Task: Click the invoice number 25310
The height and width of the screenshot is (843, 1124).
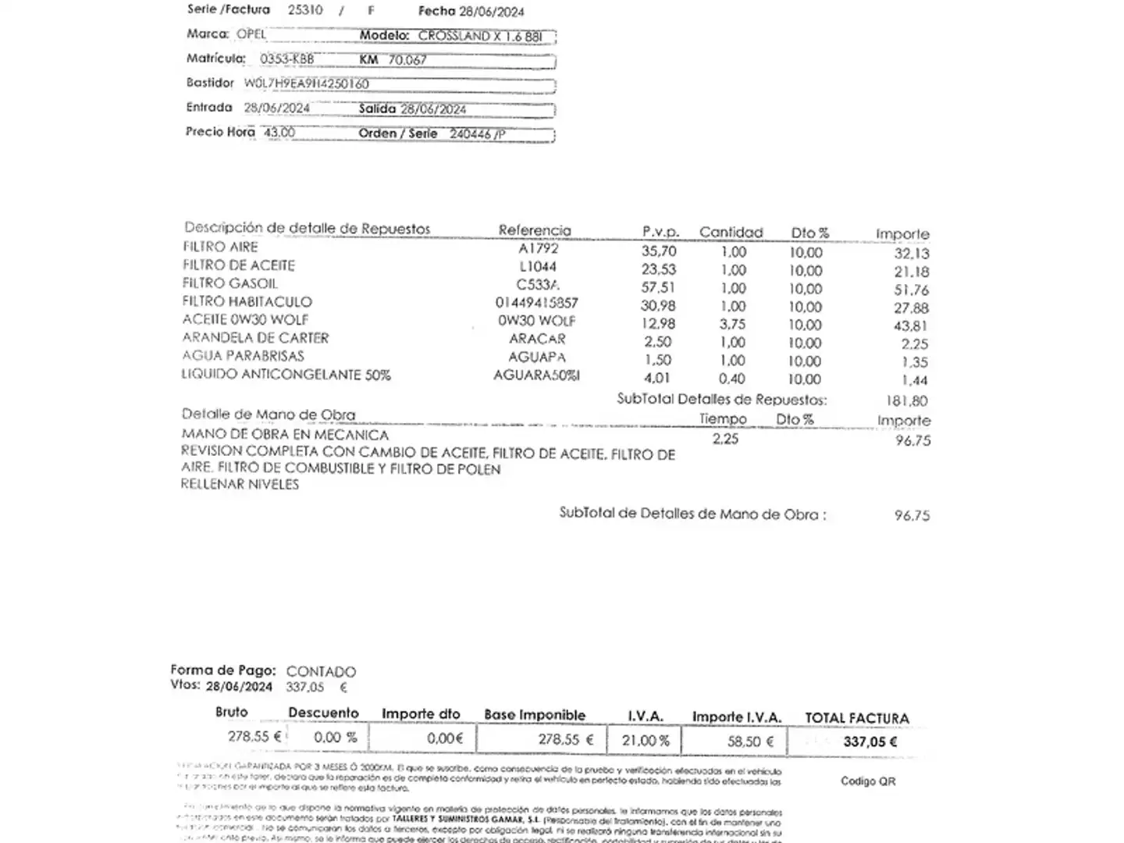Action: pos(304,10)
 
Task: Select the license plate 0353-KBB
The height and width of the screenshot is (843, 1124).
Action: pos(286,59)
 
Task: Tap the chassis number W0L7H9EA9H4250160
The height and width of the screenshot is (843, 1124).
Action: pos(306,84)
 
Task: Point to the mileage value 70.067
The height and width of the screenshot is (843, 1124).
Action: pos(407,60)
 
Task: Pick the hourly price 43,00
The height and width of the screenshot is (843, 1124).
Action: pos(279,133)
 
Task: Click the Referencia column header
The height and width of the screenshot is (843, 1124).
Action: pos(535,230)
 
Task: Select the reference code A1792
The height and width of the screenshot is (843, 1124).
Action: pos(539,249)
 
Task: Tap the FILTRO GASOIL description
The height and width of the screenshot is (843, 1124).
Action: pos(229,283)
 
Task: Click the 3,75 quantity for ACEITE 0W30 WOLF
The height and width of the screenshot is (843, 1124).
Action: pos(733,324)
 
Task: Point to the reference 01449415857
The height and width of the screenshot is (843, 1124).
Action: pos(536,303)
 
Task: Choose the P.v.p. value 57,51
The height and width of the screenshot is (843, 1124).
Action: pos(658,287)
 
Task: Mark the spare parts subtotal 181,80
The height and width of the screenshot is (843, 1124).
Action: pos(906,401)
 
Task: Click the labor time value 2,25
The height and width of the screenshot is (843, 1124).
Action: pos(725,439)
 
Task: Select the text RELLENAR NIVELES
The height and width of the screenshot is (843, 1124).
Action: pos(240,484)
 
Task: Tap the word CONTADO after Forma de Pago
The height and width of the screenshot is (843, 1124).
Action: pos(321,671)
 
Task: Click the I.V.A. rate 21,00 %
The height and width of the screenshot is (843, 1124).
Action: pos(646,741)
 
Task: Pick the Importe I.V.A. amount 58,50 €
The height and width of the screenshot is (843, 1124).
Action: pos(750,742)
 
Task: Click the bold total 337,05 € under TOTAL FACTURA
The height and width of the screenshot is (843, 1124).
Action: pos(870,742)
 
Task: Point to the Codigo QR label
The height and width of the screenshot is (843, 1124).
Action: pos(868,781)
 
